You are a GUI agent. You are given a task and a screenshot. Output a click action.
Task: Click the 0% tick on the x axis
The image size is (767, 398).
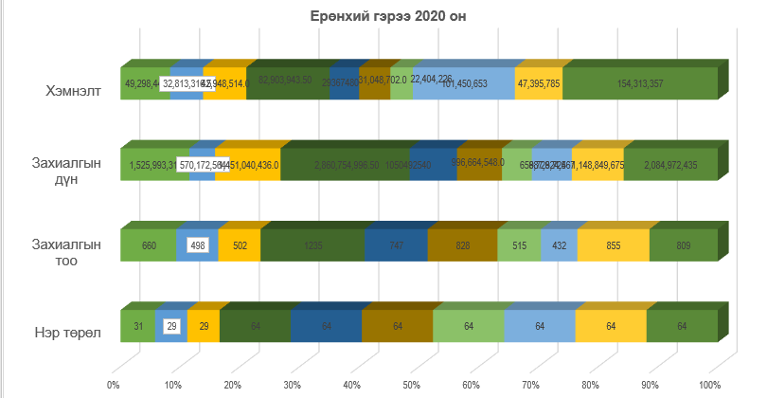pos(113,385)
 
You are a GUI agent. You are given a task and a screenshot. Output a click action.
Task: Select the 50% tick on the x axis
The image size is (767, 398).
pos(411,385)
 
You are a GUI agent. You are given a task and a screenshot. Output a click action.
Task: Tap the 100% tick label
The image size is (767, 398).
pos(708,385)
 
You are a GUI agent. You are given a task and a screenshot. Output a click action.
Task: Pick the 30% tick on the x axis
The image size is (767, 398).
pos(292,385)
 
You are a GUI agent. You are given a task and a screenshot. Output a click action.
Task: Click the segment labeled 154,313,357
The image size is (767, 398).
pos(640,83)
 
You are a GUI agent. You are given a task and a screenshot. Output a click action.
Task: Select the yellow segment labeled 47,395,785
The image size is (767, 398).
pos(539,83)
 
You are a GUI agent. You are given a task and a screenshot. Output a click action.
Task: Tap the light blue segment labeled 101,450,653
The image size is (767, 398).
pos(463,83)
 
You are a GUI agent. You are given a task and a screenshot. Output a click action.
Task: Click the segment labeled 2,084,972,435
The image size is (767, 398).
pos(670,165)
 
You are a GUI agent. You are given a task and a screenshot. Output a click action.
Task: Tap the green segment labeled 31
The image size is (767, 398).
pos(137,326)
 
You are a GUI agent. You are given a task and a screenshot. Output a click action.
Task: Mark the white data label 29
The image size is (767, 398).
pos(171,326)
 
